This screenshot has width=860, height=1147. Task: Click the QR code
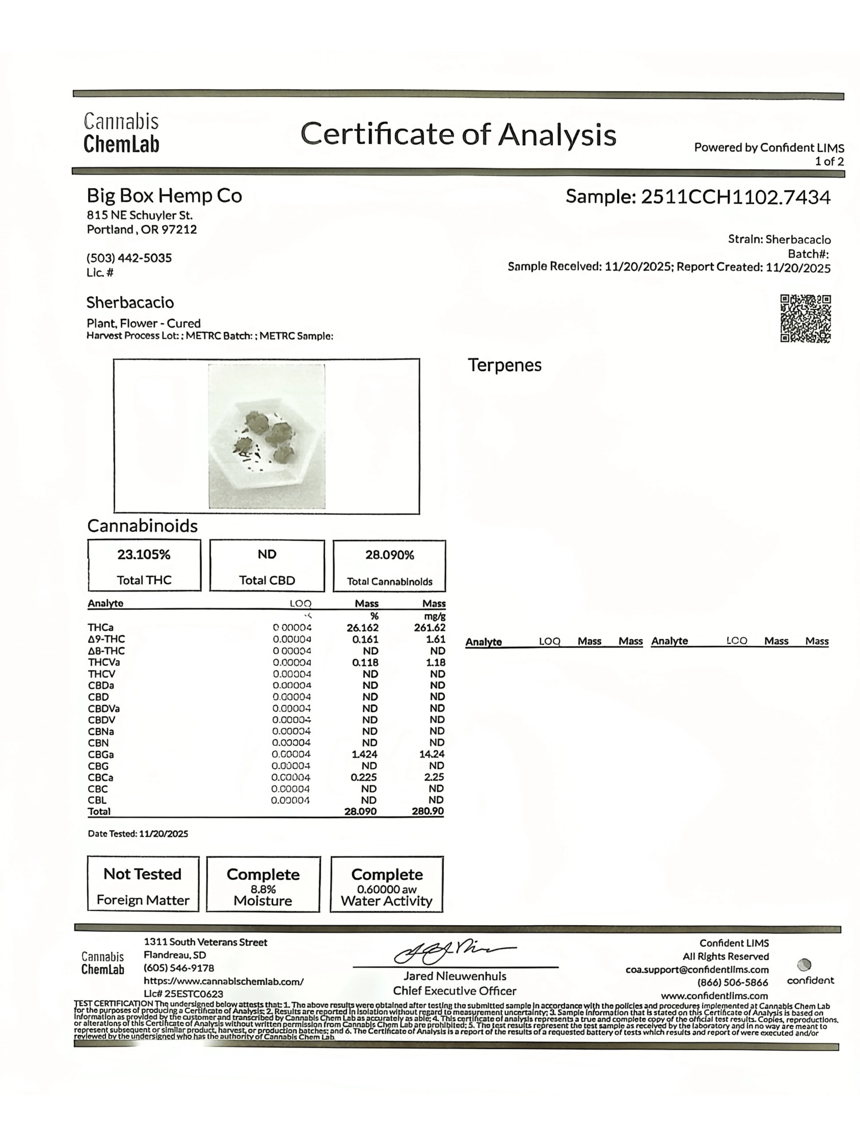tap(805, 318)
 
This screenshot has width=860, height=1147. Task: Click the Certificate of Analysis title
tap(458, 134)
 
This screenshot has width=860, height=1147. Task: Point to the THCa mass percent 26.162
tap(362, 627)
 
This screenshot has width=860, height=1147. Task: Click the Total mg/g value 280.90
tap(428, 811)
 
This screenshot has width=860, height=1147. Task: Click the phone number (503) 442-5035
tap(129, 258)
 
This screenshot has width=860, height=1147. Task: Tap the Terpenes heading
tap(504, 365)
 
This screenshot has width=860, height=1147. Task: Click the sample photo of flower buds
tap(266, 436)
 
